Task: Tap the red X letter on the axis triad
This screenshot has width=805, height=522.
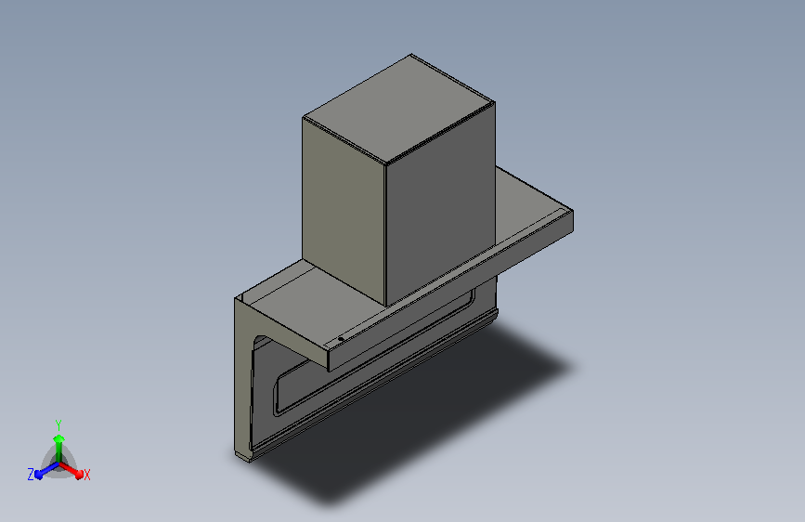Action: (87, 475)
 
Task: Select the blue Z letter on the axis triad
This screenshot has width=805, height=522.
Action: (31, 474)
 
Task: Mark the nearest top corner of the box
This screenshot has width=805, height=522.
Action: (384, 163)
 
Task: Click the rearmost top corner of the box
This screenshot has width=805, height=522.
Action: (410, 55)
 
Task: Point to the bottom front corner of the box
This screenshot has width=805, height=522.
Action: (384, 305)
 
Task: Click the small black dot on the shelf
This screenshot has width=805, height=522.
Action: (340, 339)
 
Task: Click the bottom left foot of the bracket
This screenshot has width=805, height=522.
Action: (243, 456)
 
